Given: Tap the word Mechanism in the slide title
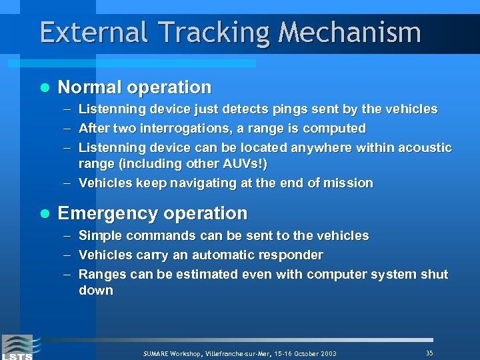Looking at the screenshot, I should click(x=350, y=32).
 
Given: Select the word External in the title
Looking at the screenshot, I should click(x=88, y=32).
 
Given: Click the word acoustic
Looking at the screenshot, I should click(x=425, y=147).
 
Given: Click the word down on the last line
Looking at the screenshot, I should click(x=96, y=290).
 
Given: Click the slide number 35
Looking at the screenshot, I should click(x=429, y=353).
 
